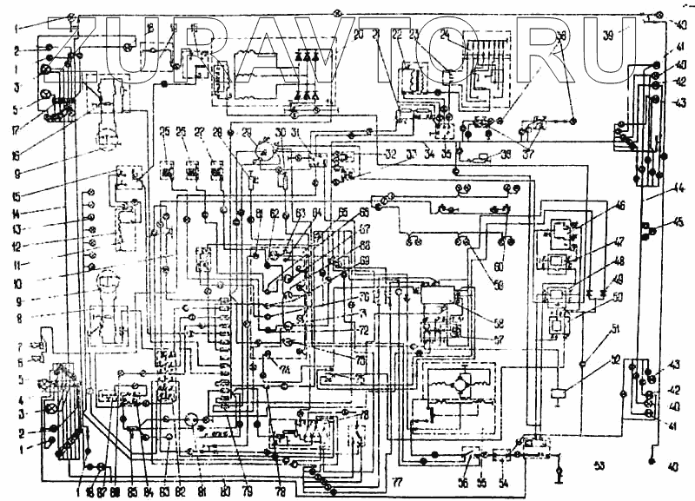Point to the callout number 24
(445, 35)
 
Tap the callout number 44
(678, 186)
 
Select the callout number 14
(17, 212)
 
